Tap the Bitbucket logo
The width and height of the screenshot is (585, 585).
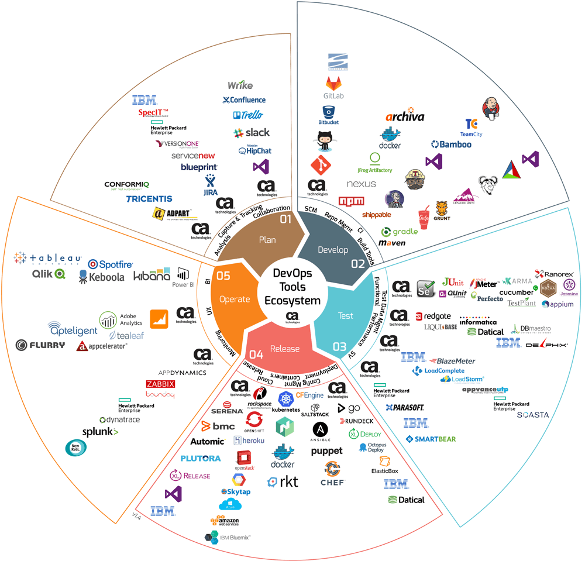tap(328, 115)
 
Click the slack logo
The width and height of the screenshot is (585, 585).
tap(251, 133)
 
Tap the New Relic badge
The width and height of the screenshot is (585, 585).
tap(74, 448)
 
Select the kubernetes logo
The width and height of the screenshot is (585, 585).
tap(285, 402)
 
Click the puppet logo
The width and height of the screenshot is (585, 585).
tap(326, 451)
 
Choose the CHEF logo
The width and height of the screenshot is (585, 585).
tap(332, 474)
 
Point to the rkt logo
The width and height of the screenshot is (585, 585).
tap(283, 481)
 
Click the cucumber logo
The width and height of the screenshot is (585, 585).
tap(516, 292)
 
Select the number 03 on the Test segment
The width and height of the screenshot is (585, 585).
tap(339, 346)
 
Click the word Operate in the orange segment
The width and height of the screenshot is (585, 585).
tap(234, 299)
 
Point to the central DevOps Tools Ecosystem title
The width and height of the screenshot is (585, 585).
tap(292, 287)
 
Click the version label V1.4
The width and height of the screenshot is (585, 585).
tap(137, 516)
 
